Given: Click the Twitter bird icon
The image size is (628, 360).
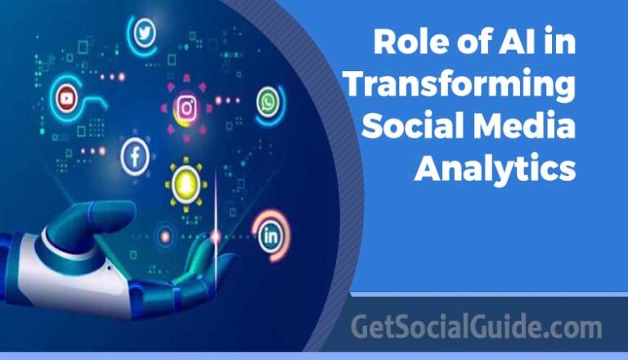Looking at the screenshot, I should [x=145, y=33].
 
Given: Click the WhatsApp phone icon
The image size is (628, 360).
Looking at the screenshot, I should [x=267, y=102].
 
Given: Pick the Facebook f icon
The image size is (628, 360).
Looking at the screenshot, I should [x=134, y=156].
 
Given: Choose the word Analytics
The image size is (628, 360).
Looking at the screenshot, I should [x=494, y=169].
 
